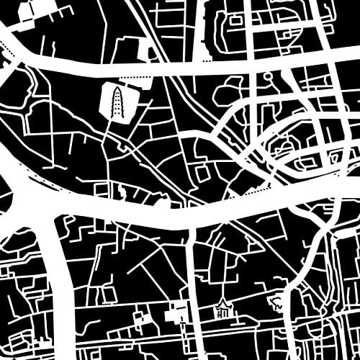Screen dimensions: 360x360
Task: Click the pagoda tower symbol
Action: click(x=117, y=101)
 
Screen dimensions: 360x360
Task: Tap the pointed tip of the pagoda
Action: click(x=117, y=86)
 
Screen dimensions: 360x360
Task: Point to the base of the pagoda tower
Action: click(x=117, y=115)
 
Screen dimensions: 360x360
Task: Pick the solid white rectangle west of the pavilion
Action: click(x=175, y=315)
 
